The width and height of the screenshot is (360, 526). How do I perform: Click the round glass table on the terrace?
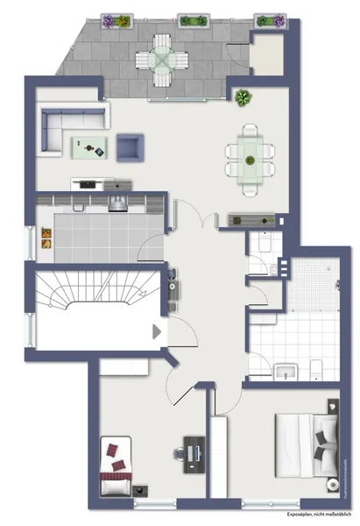pos(164,60)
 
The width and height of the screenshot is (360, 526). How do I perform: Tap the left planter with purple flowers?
pos(116,20)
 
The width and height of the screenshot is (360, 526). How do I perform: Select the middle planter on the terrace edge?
pos(192,19)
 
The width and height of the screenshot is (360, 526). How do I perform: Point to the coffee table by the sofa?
pos(91,148)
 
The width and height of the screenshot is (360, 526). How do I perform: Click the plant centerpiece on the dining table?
pos(250,160)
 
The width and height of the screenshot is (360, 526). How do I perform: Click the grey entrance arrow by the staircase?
pos(157,331)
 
